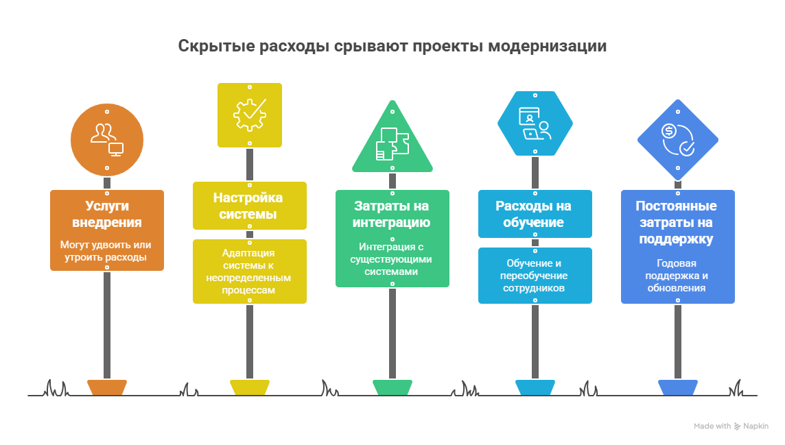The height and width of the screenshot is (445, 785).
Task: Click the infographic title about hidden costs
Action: (x=392, y=47)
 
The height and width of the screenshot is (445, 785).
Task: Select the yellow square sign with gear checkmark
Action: (x=250, y=115)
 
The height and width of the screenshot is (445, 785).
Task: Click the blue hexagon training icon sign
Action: (x=535, y=123)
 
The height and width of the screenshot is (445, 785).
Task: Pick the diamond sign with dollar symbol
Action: (x=677, y=139)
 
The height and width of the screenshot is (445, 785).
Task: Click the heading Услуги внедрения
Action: (x=107, y=214)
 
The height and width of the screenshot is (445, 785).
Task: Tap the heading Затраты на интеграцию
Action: (x=392, y=214)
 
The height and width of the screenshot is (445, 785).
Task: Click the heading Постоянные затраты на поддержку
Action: (x=677, y=222)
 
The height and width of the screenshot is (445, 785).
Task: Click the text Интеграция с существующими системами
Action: (x=392, y=259)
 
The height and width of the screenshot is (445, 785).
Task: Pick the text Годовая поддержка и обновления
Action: (x=677, y=276)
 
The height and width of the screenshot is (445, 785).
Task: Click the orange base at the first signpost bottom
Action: (x=107, y=387)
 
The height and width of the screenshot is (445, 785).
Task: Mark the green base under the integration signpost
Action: (x=392, y=387)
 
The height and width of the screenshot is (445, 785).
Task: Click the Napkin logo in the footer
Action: (x=751, y=426)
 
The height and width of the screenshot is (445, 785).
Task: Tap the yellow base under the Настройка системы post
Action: (x=250, y=387)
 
